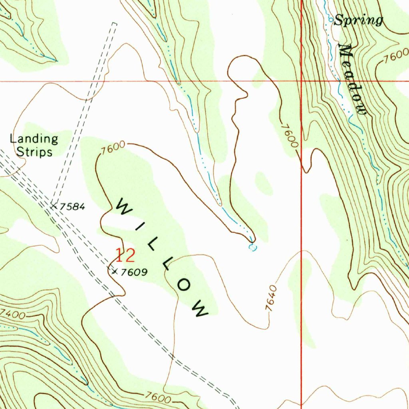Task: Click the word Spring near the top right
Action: point(358,20)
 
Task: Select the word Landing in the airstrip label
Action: point(34,139)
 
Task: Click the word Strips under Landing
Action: point(34,152)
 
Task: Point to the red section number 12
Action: point(125,256)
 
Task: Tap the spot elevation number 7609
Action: point(134,272)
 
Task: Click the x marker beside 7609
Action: point(115,272)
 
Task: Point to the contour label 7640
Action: point(271,298)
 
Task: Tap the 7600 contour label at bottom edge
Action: point(158,397)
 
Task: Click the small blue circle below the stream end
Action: point(252,248)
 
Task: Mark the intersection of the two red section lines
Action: point(302,81)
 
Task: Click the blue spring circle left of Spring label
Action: point(330,20)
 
